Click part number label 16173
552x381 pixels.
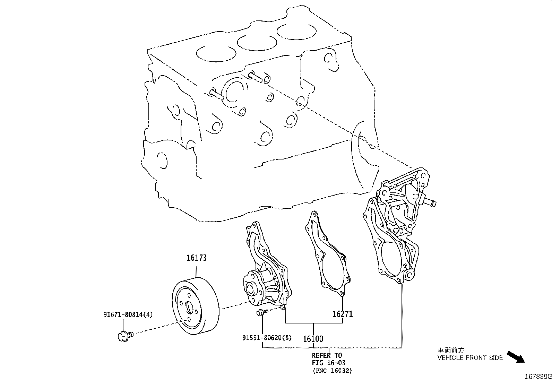[x=196, y=258]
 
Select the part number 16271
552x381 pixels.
[x=342, y=314]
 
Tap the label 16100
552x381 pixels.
[x=313, y=339]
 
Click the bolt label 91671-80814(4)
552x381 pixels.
[x=128, y=315]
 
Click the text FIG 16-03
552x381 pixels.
[x=328, y=363]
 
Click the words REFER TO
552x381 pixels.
[x=327, y=355]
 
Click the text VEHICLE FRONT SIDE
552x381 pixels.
[x=470, y=358]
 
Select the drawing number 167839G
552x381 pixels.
[x=537, y=376]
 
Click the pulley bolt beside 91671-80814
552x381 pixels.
[x=125, y=335]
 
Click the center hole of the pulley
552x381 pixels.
[x=189, y=307]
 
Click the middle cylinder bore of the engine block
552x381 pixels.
[x=256, y=43]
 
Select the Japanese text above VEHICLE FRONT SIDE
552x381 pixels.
[x=450, y=350]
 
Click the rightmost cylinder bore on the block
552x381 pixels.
[x=296, y=32]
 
